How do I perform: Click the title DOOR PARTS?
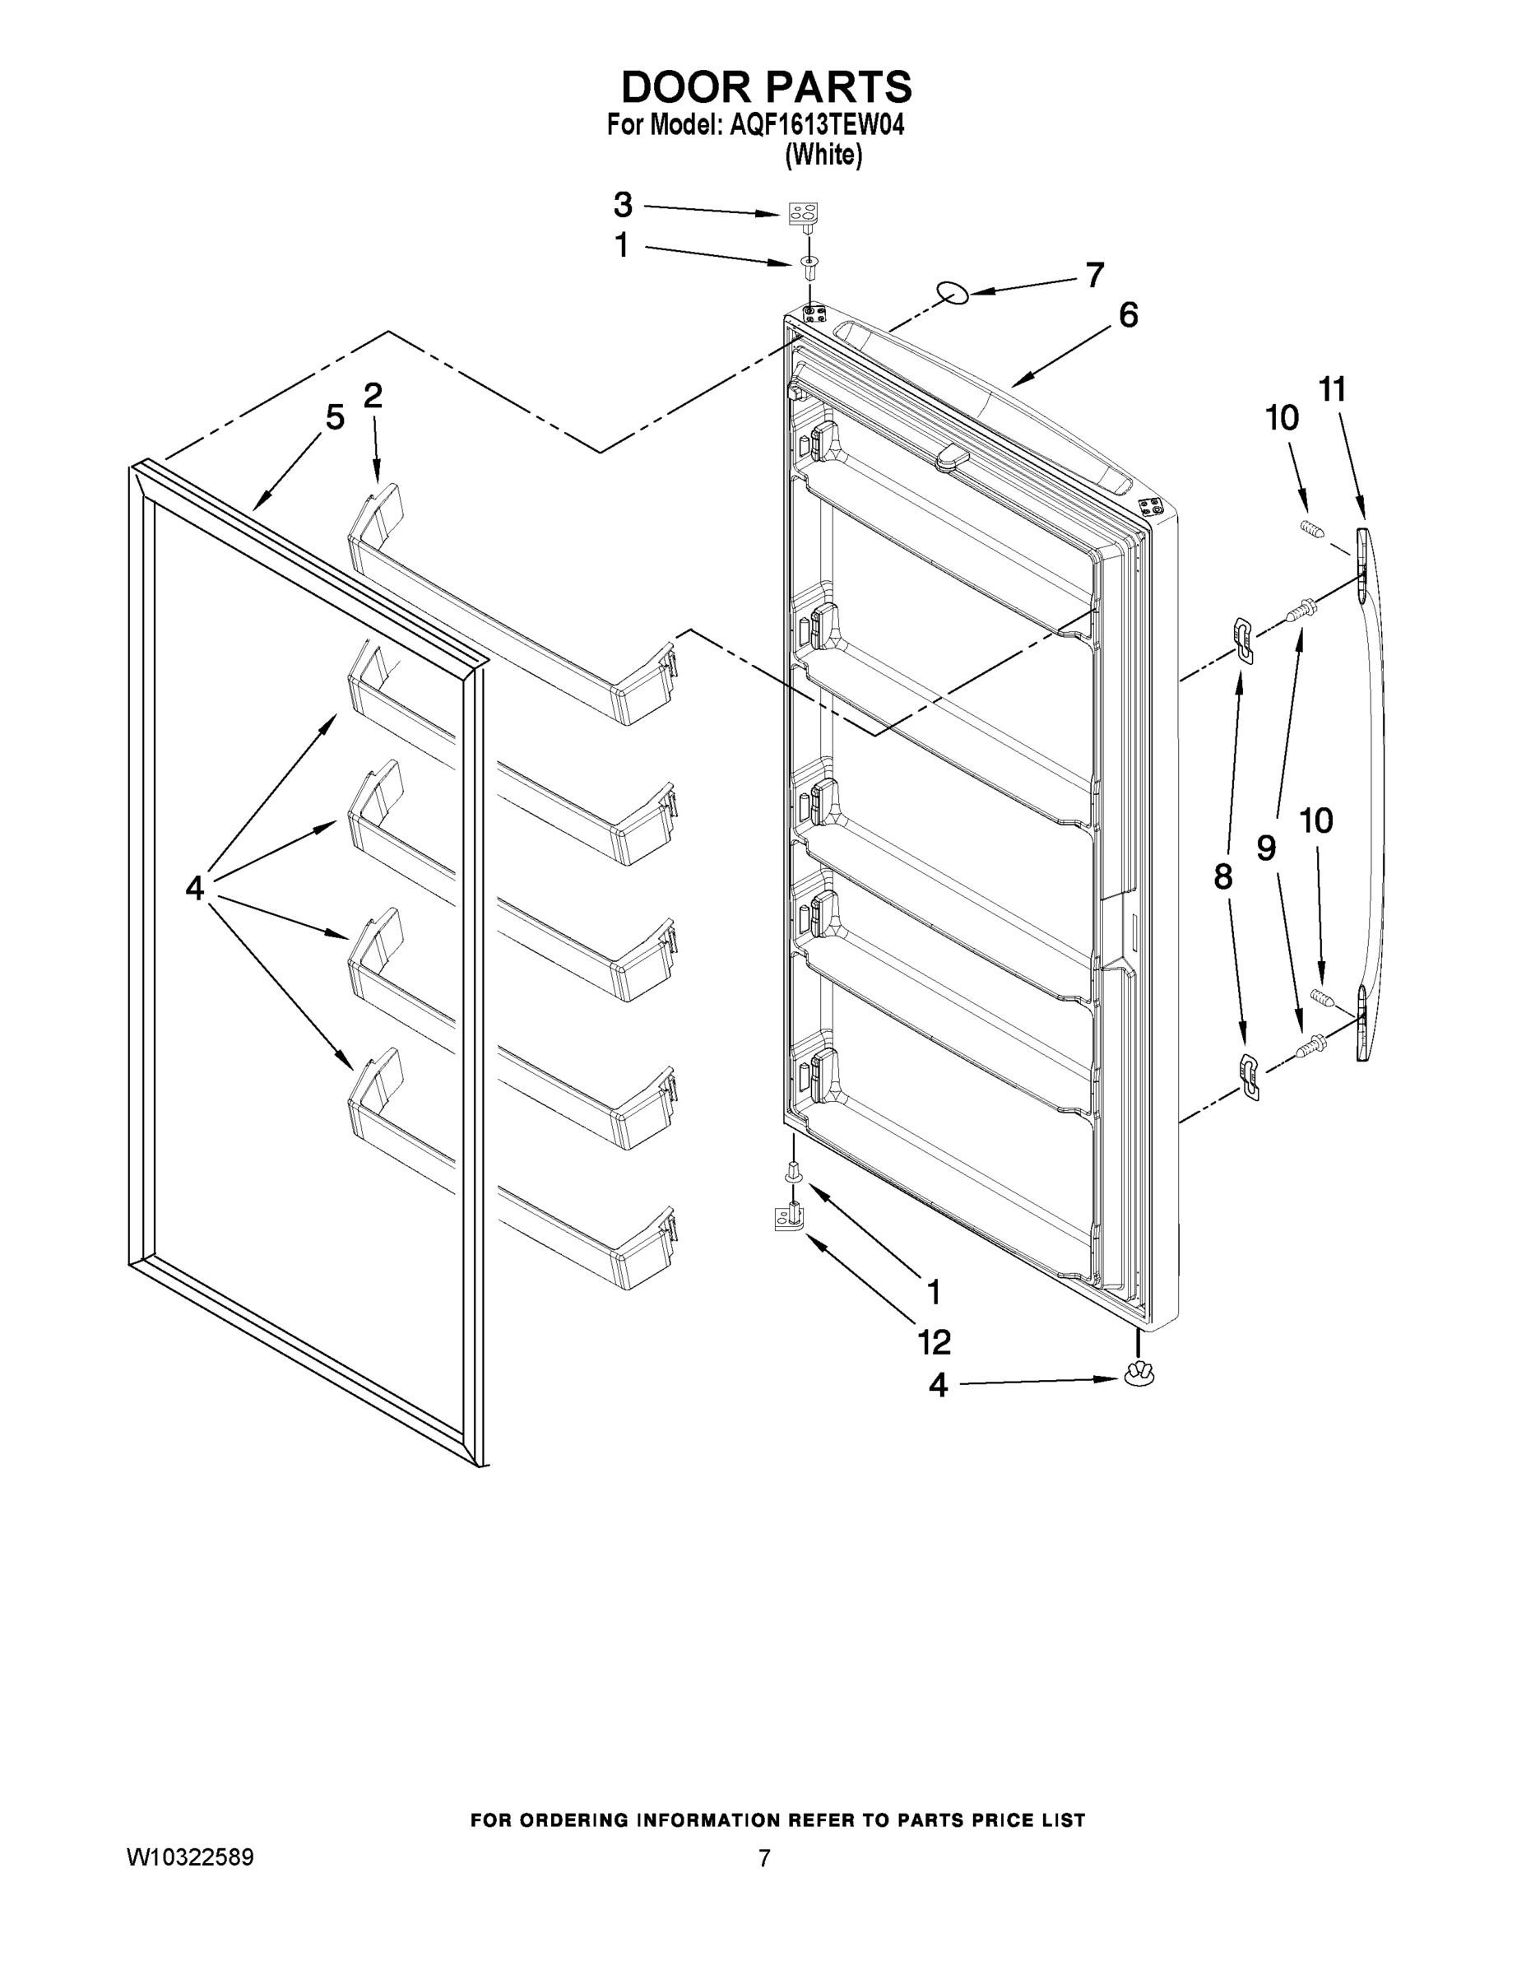[x=766, y=88]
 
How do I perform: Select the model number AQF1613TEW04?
[x=812, y=125]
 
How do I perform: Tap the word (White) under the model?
[x=823, y=156]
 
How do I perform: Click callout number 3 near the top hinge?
[x=623, y=205]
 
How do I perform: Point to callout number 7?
[x=1095, y=275]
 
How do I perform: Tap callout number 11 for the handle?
[x=1333, y=390]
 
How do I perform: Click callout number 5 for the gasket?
[x=335, y=418]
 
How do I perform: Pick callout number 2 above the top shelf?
[x=373, y=395]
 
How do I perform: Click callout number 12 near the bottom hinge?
[x=935, y=1342]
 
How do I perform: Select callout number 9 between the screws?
[x=1267, y=848]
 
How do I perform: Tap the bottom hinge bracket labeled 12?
[x=788, y=1218]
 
